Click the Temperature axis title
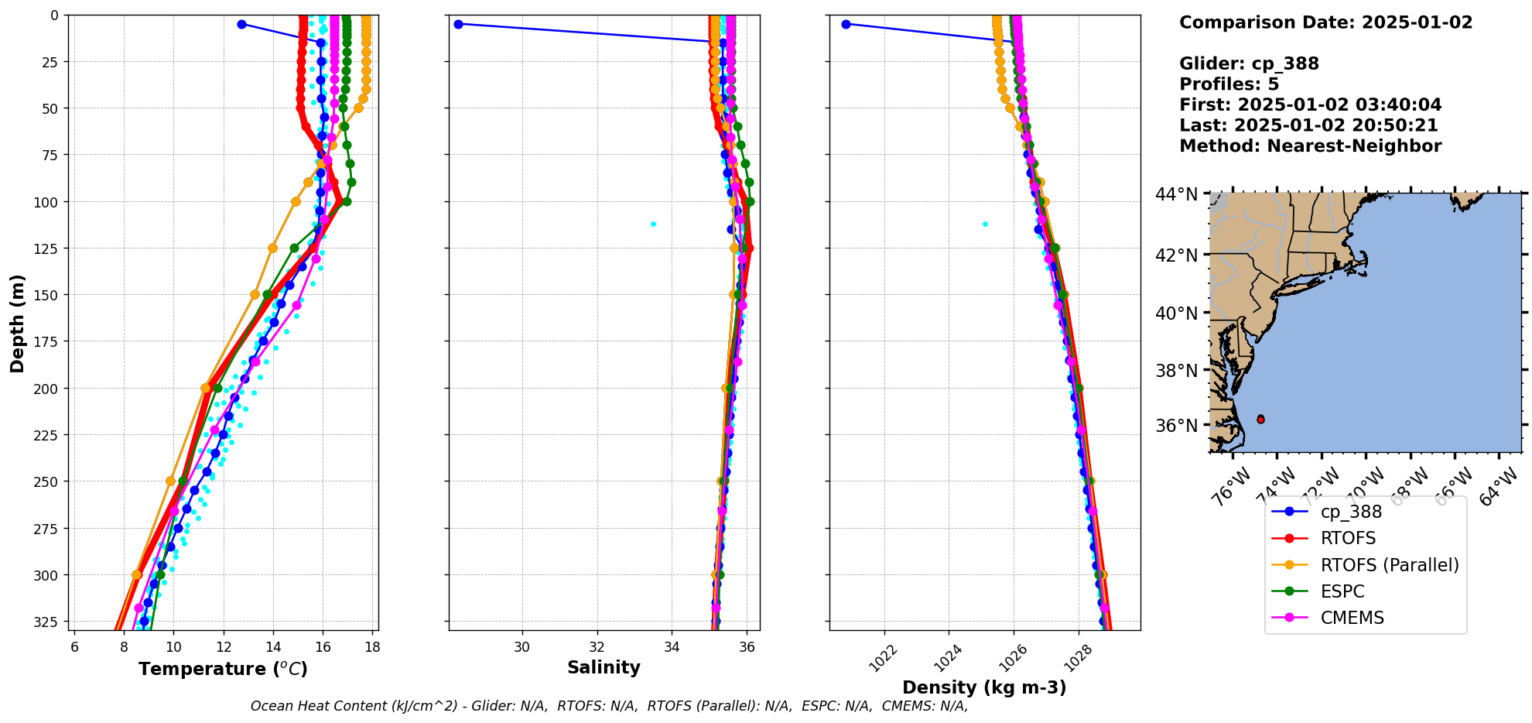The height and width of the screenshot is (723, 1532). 223,669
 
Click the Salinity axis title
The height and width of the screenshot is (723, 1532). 604,667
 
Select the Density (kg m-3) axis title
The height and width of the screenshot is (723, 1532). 984,687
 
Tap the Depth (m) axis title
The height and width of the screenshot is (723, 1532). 17,323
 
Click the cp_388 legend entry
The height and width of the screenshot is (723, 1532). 1351,512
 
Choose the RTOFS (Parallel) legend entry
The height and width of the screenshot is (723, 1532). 1390,565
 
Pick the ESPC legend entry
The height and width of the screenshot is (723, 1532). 1342,591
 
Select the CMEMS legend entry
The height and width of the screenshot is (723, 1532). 1352,618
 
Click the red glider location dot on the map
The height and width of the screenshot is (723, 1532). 1260,419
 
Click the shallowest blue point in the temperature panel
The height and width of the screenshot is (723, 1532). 241,24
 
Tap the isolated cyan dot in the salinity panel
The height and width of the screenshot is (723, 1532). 653,224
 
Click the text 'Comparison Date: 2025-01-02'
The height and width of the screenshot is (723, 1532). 1325,22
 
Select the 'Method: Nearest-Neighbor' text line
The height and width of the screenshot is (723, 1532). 1310,146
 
